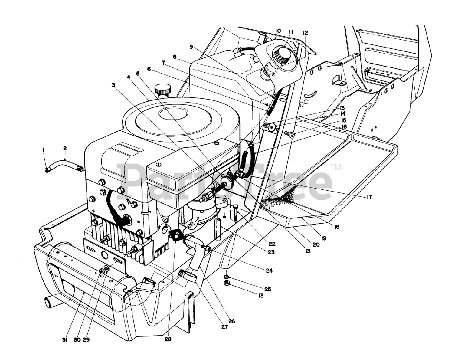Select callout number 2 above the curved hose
[x=65, y=148]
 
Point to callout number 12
[x=305, y=33]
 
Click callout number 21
[x=308, y=251]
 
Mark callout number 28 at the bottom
[x=168, y=339]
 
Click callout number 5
[x=137, y=74]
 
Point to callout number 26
[x=232, y=321]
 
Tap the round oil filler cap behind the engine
[x=163, y=89]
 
